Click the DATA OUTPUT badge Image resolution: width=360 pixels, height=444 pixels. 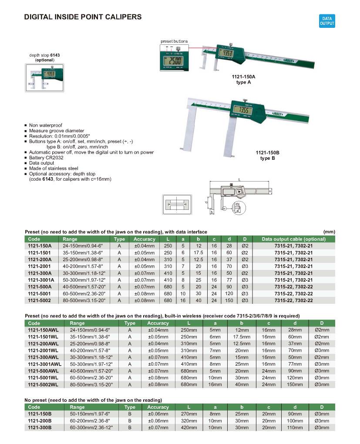point(327,21)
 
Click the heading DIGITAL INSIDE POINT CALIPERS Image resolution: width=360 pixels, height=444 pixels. point(83,17)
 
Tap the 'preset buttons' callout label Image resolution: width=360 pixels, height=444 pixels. point(174,41)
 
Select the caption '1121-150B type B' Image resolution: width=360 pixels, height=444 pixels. point(268,155)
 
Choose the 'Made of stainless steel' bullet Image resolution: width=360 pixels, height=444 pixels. point(54,168)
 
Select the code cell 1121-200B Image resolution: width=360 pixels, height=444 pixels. point(40,421)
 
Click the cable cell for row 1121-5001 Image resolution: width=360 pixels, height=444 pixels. point(293,293)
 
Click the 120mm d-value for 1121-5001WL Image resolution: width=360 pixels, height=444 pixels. point(296,378)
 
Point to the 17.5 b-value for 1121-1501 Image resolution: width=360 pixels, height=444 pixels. point(199,252)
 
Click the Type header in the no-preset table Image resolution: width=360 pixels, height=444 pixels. point(129,407)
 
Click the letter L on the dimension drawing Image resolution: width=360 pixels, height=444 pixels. point(239,179)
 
